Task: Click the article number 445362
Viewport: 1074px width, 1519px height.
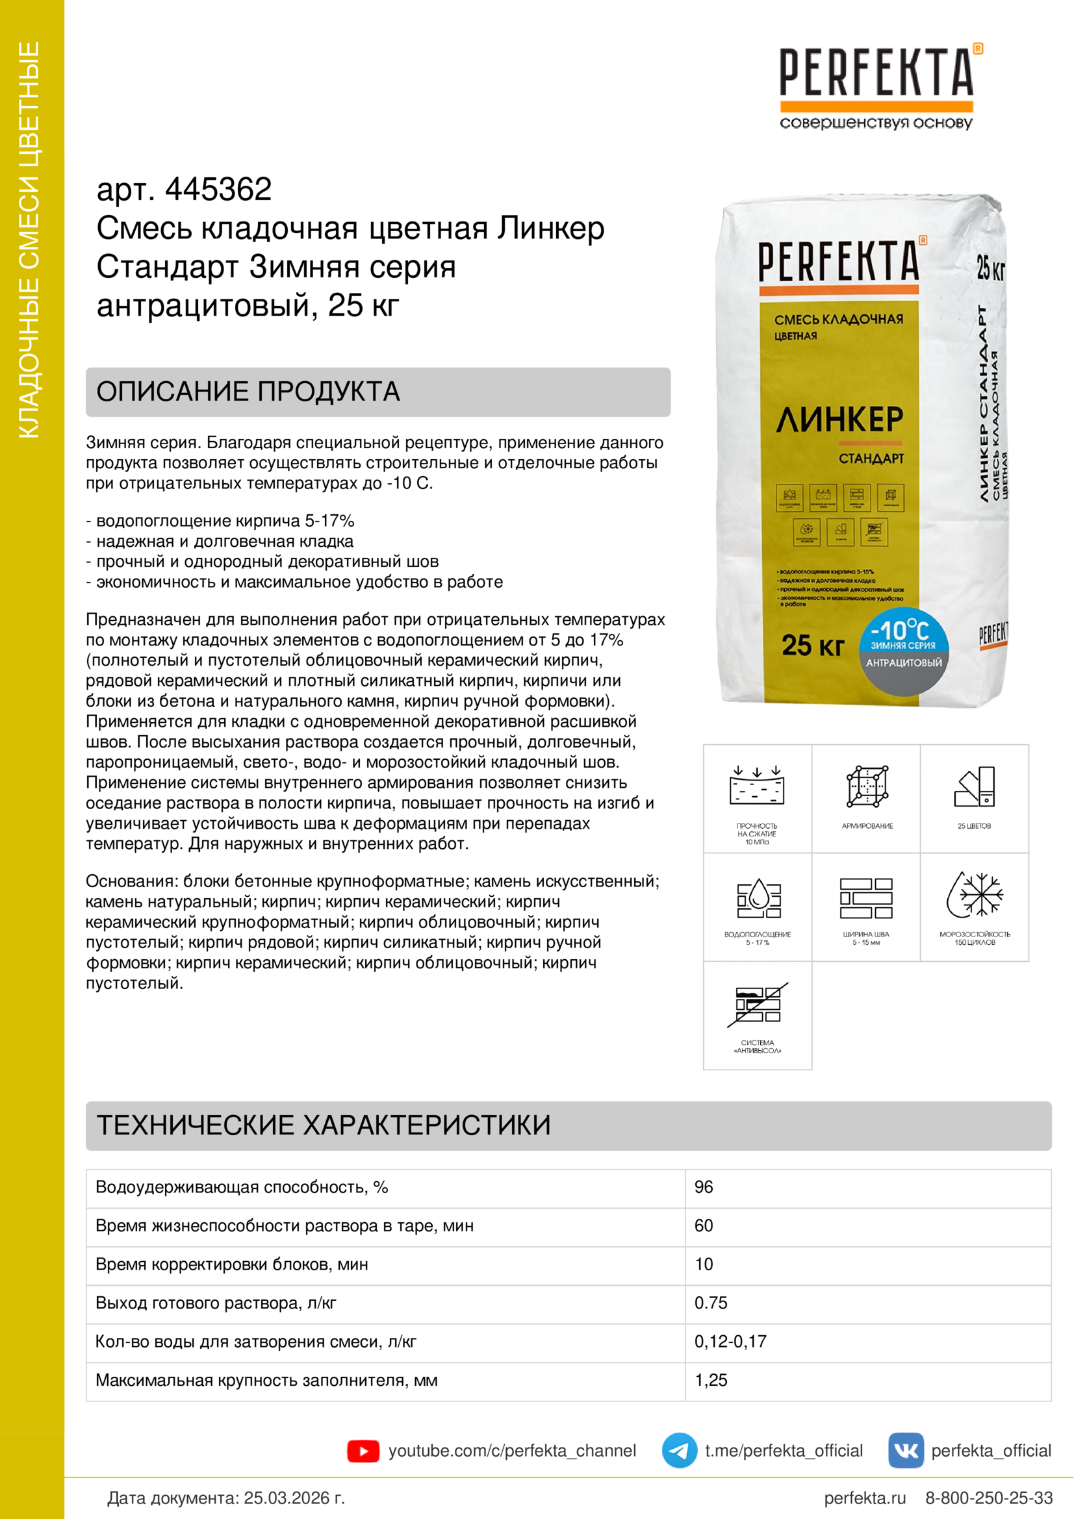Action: (218, 190)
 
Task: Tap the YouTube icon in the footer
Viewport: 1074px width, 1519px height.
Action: (363, 1451)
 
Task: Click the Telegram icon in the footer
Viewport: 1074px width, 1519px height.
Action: (679, 1451)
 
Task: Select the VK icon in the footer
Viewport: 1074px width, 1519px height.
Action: (905, 1451)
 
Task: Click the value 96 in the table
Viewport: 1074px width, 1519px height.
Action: (704, 1187)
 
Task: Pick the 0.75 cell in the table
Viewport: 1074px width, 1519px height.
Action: (711, 1303)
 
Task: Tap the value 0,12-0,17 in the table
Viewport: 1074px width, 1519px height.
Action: (730, 1341)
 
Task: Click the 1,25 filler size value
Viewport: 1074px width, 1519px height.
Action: (711, 1380)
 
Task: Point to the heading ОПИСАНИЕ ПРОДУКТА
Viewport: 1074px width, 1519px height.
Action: (248, 392)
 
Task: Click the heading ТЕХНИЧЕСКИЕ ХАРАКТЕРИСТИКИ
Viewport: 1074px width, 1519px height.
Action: (324, 1125)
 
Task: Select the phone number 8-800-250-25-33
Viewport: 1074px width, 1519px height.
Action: (989, 1498)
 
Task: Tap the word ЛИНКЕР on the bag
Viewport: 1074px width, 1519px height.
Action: (839, 420)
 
